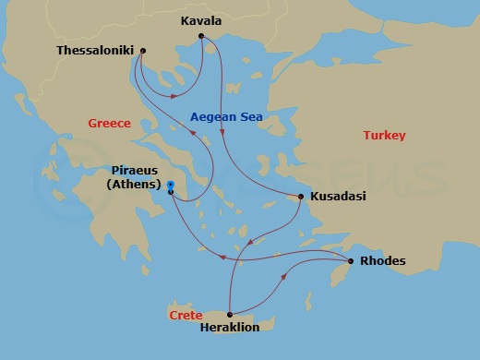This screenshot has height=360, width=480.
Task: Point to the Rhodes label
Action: [x=382, y=261]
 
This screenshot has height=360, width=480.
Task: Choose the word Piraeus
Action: [x=135, y=172]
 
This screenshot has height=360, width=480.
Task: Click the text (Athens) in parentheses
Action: [x=135, y=185]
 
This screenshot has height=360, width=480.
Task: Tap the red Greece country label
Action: [x=109, y=124]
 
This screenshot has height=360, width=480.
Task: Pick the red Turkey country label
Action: [x=384, y=135]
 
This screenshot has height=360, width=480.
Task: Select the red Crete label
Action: [x=186, y=315]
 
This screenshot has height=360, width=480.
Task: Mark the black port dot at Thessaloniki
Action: [x=142, y=51]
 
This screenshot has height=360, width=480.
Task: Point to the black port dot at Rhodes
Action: [x=351, y=261]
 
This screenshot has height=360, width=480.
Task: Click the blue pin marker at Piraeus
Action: [x=171, y=187]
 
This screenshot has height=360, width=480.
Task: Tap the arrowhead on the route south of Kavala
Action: [x=223, y=136]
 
